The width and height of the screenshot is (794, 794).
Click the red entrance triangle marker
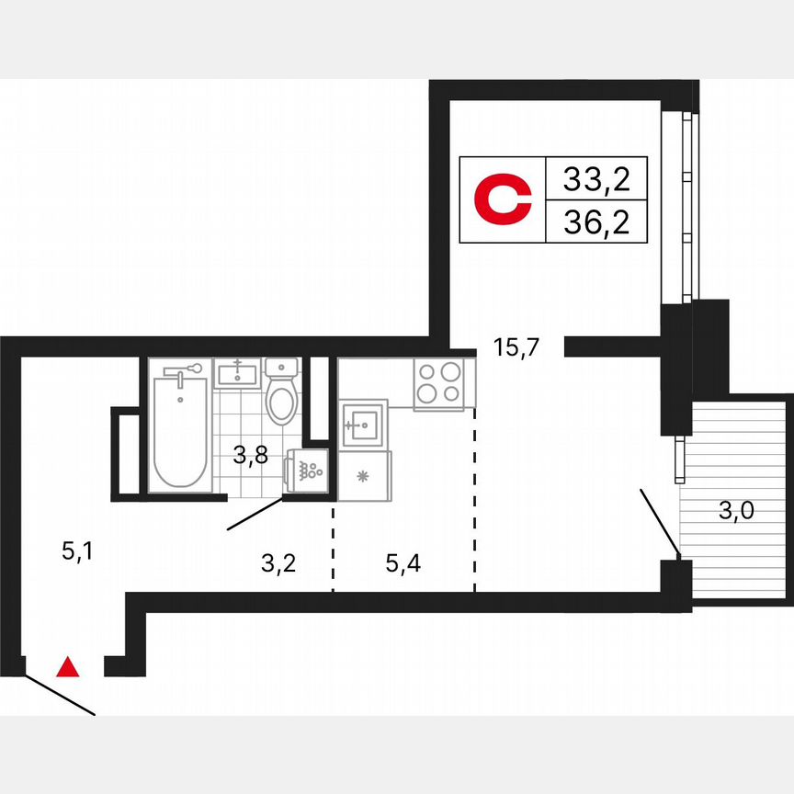67,667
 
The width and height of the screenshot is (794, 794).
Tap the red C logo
503,199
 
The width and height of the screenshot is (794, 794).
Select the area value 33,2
596,179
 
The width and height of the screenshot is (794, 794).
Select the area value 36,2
596,222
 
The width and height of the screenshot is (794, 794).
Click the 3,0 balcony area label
735,512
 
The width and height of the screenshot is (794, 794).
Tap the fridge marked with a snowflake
364,475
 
